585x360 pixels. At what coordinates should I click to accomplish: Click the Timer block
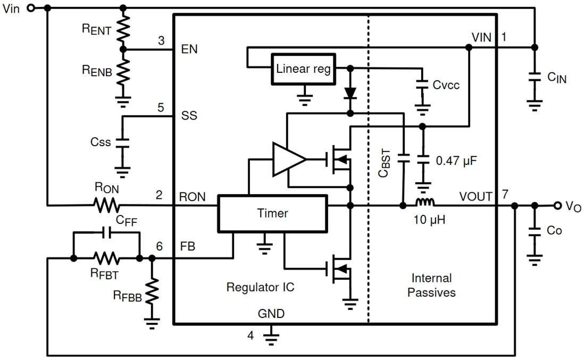[272, 213]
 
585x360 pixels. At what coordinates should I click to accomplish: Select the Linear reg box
[304, 69]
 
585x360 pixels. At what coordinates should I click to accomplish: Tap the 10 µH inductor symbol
[425, 203]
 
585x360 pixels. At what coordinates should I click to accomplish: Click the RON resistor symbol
[107, 205]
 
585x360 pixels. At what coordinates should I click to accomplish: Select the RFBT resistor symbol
[107, 259]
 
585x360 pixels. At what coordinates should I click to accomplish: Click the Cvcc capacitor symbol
[422, 85]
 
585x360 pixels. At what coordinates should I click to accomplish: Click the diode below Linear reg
[350, 93]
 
